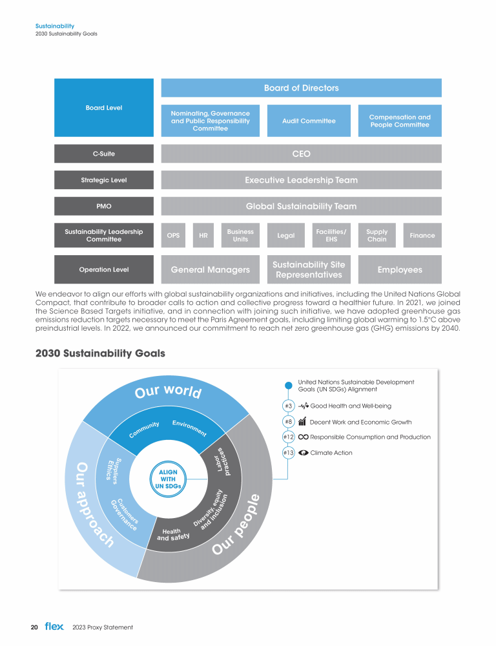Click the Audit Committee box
(309, 121)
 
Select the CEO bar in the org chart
(301, 154)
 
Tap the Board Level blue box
(104, 108)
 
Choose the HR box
(203, 236)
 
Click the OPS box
(173, 236)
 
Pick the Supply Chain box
(377, 236)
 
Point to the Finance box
(422, 236)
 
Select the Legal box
(285, 236)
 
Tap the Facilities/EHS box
(331, 236)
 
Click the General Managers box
(210, 269)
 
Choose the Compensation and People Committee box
(400, 121)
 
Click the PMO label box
(104, 207)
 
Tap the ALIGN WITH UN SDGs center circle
(163, 479)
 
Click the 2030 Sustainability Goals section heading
(100, 353)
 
